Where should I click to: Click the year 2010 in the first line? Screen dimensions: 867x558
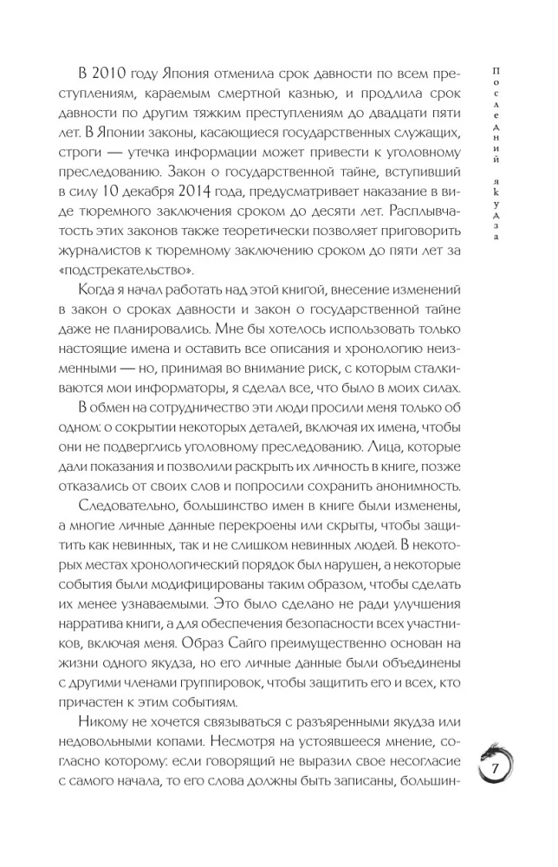click(118, 74)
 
